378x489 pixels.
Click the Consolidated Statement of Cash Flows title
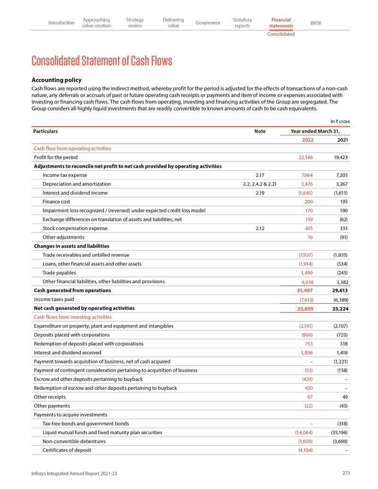pyautogui.click(x=102, y=61)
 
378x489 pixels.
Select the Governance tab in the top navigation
pyautogui.click(x=208, y=23)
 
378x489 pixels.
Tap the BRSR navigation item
pyautogui.click(x=316, y=23)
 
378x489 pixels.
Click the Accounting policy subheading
pyautogui.click(x=60, y=80)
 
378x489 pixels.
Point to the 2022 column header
pyautogui.click(x=307, y=140)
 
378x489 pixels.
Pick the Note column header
pyautogui.click(x=259, y=131)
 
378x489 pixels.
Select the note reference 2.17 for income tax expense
pyautogui.click(x=259, y=175)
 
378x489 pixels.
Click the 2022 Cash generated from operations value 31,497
pyautogui.click(x=303, y=290)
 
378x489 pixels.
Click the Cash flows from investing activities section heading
pyautogui.click(x=73, y=317)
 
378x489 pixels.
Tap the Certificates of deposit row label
pyautogui.click(x=67, y=450)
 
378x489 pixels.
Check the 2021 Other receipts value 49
pyautogui.click(x=345, y=397)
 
